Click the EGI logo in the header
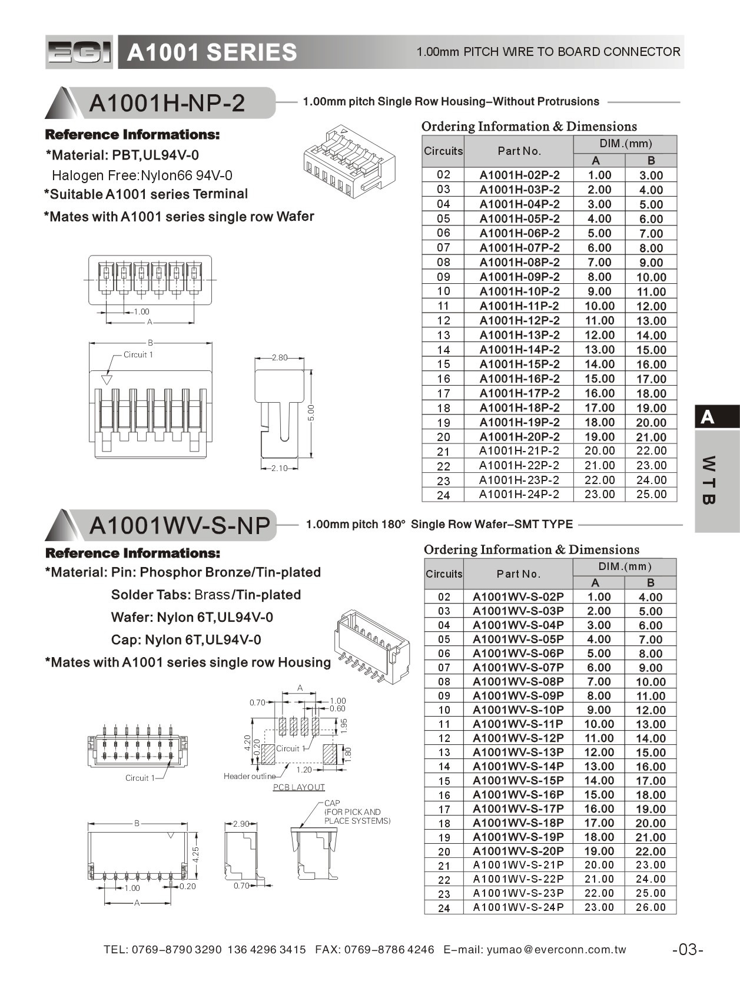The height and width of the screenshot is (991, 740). point(79,52)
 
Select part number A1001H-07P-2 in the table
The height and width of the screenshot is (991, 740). point(519,248)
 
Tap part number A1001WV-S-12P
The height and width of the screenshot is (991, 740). point(518,738)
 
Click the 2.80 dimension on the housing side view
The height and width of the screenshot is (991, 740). point(280,357)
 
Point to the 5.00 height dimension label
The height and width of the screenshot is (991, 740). point(311,413)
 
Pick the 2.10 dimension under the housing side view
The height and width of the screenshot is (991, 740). point(279,468)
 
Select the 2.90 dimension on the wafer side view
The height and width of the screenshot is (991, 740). point(241,824)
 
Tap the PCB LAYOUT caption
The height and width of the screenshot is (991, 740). point(298,787)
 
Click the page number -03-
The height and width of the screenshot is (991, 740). point(688,949)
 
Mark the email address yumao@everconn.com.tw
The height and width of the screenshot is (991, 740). point(556,949)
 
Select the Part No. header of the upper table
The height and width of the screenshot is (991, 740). point(519,151)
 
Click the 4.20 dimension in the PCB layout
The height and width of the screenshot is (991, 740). point(248,743)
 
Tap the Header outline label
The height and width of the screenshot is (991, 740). point(249,776)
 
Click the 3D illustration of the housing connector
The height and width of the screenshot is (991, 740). point(348,160)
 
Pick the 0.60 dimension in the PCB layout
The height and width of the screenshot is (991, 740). point(337,709)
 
